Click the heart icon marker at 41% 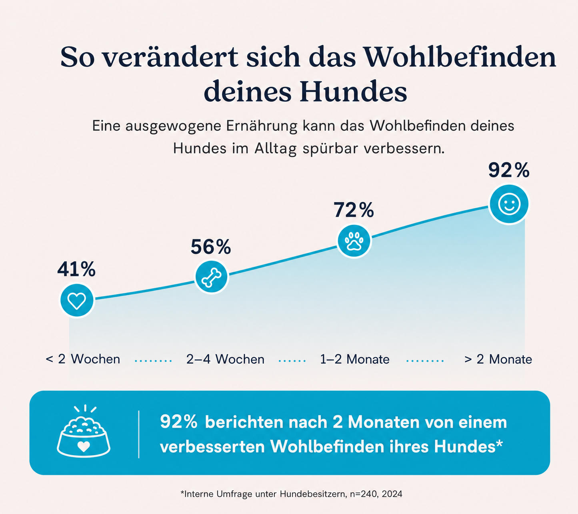(x=77, y=300)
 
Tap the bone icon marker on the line (x=212, y=277)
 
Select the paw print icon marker (x=354, y=241)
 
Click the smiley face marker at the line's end (x=509, y=204)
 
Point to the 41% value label (x=76, y=269)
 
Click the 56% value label (x=210, y=247)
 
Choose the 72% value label (x=354, y=210)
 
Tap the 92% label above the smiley (x=509, y=170)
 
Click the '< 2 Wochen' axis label (x=83, y=359)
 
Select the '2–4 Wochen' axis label (x=225, y=359)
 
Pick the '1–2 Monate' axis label (x=355, y=359)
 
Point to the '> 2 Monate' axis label (x=498, y=359)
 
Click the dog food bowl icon (x=84, y=431)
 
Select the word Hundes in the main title (x=353, y=91)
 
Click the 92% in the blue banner (x=178, y=422)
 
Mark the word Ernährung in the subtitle (x=262, y=126)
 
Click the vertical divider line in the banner (x=139, y=434)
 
